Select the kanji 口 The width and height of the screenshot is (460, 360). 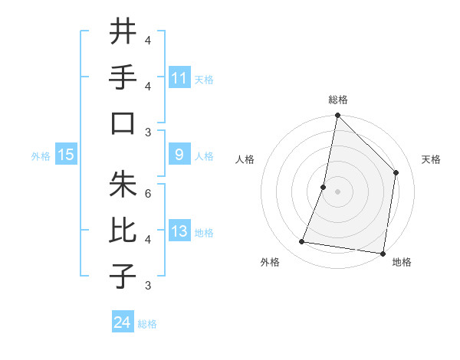coord(123,123)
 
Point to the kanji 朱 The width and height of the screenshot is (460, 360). coord(123,184)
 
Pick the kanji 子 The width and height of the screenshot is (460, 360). coord(123,276)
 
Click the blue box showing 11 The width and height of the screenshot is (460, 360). coord(179,77)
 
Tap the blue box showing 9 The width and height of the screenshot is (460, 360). coord(179,155)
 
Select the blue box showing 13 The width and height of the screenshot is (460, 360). coord(179,231)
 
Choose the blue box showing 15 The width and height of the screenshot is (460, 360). coord(66,155)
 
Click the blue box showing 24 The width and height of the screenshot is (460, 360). coord(123,322)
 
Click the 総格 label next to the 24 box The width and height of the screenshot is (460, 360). coord(147,324)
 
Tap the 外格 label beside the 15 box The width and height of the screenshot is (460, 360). coord(41,155)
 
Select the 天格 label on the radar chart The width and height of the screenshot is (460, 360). coord(432,159)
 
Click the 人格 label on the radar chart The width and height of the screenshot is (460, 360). coord(245,159)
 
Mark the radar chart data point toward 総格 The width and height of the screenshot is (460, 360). coord(337,116)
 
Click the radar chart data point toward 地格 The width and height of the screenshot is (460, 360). coord(383,253)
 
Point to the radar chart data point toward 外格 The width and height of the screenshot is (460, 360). coord(302,242)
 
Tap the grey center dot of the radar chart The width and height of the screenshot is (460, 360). coord(337,191)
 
